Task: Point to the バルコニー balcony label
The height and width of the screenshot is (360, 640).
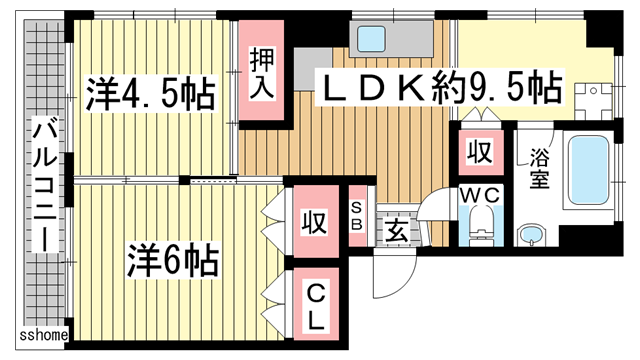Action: click(x=44, y=184)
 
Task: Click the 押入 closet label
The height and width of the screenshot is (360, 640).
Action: click(x=262, y=72)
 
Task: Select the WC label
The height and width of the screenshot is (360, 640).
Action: click(x=480, y=193)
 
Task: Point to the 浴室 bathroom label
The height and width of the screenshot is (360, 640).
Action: click(x=541, y=170)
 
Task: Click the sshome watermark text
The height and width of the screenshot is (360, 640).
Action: click(x=44, y=335)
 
